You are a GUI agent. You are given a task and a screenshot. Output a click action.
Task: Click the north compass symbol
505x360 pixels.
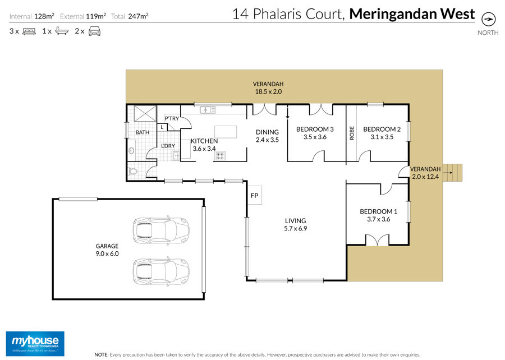tap(488, 19)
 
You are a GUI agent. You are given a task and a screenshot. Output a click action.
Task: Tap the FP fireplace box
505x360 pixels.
tap(254, 195)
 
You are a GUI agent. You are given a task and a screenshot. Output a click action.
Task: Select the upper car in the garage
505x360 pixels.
tap(161, 230)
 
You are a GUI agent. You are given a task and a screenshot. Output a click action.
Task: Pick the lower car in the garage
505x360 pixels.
tap(161, 271)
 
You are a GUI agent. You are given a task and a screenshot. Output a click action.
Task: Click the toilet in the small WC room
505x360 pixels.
tap(132, 171)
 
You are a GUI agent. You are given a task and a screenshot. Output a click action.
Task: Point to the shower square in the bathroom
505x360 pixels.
tap(145, 113)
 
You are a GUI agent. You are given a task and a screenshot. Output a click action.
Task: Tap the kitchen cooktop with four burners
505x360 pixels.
tap(221, 156)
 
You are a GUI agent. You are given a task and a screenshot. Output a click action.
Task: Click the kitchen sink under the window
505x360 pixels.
tap(208, 110)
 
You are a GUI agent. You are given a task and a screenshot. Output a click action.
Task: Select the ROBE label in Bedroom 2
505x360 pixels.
tap(352, 133)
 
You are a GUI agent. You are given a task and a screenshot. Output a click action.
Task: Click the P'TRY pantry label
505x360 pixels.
tap(172, 118)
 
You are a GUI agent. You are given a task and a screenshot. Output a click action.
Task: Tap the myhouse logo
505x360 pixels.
tap(35, 344)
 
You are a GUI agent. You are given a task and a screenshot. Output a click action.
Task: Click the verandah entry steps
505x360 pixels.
tap(452, 173)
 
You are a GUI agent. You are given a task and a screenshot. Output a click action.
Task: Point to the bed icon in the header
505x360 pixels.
tap(29, 31)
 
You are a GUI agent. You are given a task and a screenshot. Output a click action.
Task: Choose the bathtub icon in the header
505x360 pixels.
tap(62, 31)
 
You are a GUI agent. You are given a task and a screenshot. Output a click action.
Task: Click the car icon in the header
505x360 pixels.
tap(94, 31)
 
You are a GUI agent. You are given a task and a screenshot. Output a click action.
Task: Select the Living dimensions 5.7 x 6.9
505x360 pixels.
tap(295, 228)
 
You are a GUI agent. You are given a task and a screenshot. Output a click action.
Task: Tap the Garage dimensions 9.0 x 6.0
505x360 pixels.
tap(107, 253)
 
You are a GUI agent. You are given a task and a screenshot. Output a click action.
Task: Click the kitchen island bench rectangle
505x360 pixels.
tap(226, 132)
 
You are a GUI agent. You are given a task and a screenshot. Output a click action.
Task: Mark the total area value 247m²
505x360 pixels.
tap(138, 16)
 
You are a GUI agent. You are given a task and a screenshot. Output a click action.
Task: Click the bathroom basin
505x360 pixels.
tap(131, 151)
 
